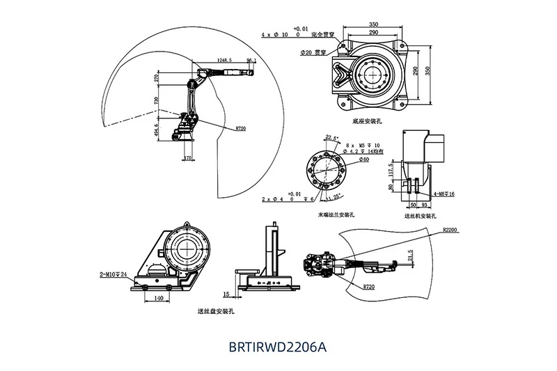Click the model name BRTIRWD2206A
277,347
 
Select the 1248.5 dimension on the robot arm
224,60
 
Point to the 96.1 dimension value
251,61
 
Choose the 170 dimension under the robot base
187,159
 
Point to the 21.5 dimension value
411,255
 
